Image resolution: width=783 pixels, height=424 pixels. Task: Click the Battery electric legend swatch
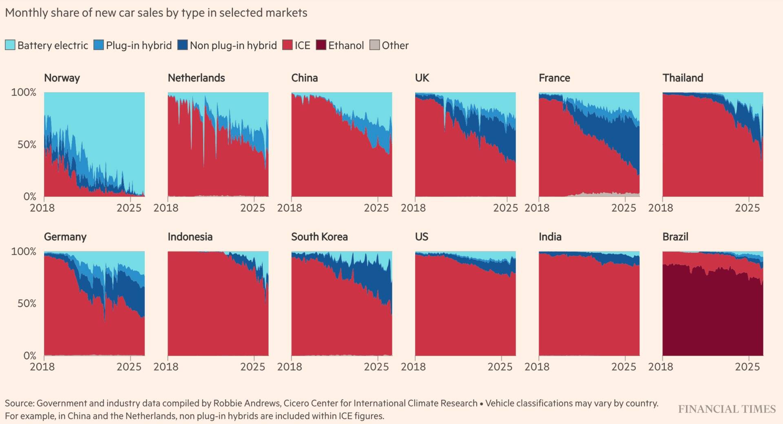(10, 45)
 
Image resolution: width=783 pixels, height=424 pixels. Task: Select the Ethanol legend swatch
(321, 45)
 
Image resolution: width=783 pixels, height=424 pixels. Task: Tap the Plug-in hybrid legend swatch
(99, 45)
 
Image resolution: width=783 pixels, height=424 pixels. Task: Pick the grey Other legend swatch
(374, 45)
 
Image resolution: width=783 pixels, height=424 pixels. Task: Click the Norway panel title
(62, 78)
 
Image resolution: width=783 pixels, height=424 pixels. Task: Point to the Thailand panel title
(683, 78)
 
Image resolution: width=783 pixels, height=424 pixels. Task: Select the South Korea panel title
(319, 237)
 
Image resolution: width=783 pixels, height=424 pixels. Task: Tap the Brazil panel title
(675, 237)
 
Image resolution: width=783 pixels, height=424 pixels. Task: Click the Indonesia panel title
(190, 237)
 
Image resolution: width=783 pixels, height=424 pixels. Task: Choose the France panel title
(554, 78)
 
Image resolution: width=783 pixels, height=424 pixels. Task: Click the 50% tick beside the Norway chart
(27, 144)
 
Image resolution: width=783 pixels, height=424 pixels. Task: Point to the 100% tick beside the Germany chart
(24, 251)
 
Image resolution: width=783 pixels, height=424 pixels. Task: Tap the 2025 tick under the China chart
(376, 208)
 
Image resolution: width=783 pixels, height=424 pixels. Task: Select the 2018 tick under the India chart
(537, 366)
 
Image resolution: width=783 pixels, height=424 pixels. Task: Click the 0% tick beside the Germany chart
(29, 355)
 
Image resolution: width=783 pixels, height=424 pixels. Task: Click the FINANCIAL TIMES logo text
(727, 409)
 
